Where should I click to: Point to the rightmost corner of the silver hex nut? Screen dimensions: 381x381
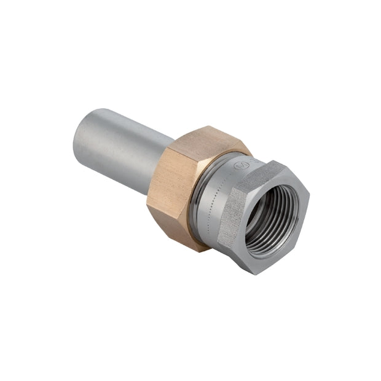pyautogui.click(x=309, y=197)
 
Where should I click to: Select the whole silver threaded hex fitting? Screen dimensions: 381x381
pyautogui.click(x=264, y=215)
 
